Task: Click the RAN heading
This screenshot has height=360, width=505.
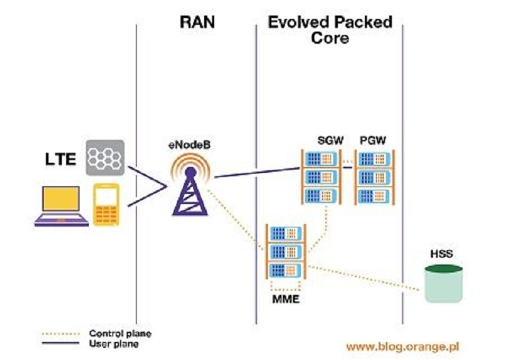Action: [197, 22]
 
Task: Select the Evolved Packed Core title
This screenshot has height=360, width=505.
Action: [330, 30]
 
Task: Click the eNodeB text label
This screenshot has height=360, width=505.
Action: [189, 144]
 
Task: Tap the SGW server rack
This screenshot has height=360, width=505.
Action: [320, 176]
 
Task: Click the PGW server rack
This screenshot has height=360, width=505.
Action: [374, 176]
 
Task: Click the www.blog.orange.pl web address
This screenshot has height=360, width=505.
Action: [403, 347]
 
